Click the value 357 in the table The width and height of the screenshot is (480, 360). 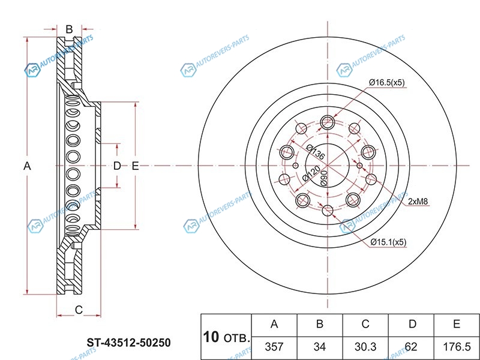tap(274, 347)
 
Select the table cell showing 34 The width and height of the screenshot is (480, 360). tap(320, 347)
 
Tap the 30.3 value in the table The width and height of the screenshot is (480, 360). tap(365, 347)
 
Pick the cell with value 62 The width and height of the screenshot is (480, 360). tap(411, 347)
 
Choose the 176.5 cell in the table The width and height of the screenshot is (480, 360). tap(457, 347)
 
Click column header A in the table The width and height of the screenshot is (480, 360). tap(274, 325)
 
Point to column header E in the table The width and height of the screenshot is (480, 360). tap(457, 325)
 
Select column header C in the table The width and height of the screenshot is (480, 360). tap(365, 325)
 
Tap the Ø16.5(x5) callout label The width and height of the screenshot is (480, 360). tap(387, 82)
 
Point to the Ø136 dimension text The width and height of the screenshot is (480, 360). tap(315, 152)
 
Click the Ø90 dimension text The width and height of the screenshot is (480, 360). tap(324, 178)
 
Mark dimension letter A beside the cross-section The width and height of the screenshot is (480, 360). tap(27, 166)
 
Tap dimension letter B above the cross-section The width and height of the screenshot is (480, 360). tap(69, 29)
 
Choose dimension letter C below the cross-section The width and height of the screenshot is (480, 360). tap(79, 310)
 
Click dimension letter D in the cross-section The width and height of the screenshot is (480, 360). tap(117, 166)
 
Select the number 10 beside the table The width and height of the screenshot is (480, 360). tap(211, 337)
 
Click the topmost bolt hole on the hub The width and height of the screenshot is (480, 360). tap(328, 122)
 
